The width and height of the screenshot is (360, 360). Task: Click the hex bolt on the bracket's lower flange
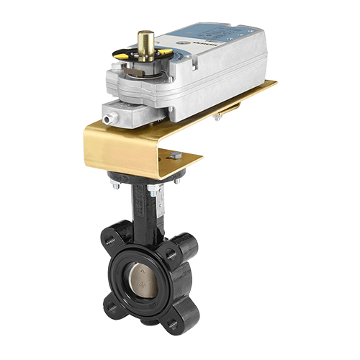[x=176, y=155]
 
